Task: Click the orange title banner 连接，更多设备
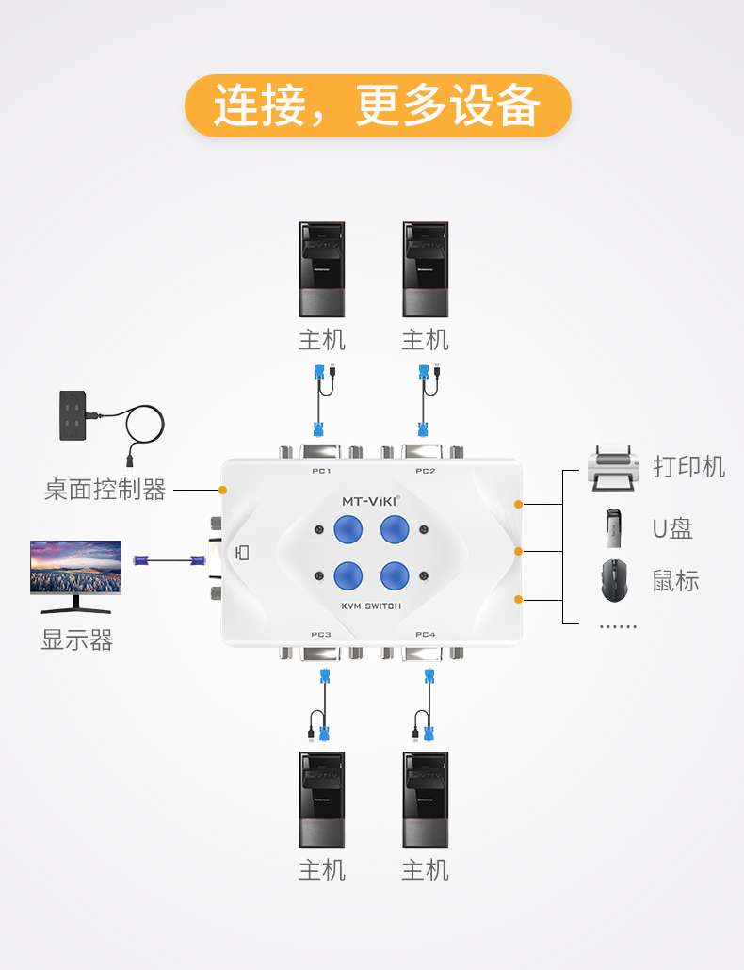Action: coord(378,105)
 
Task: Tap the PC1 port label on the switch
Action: coord(321,471)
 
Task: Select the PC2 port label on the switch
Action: coord(425,471)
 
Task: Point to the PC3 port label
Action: coord(321,635)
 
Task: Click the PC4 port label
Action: coord(425,635)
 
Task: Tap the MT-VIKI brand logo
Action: coord(370,501)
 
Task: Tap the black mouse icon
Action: coord(614,580)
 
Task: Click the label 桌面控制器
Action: coord(105,490)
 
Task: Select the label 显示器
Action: coord(76,641)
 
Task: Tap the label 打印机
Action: coord(688,466)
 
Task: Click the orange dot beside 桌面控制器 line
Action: coord(223,490)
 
